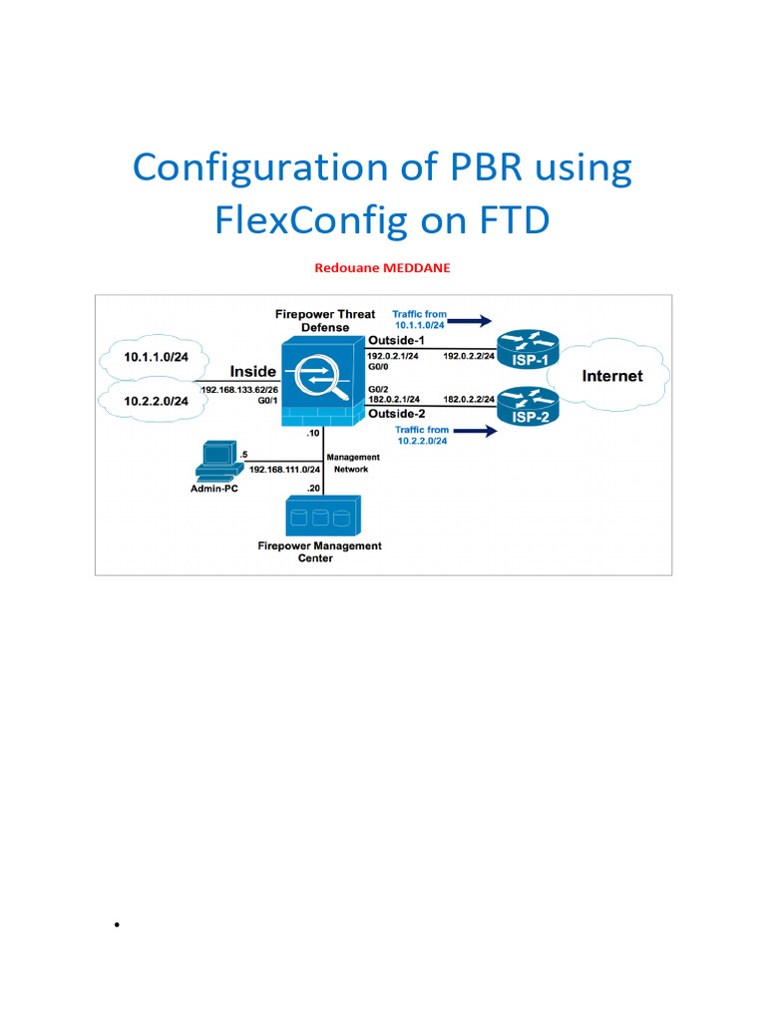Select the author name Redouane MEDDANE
(382, 268)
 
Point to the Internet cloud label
(612, 376)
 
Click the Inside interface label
(253, 372)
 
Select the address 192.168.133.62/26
(239, 390)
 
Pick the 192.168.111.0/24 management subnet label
(283, 468)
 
